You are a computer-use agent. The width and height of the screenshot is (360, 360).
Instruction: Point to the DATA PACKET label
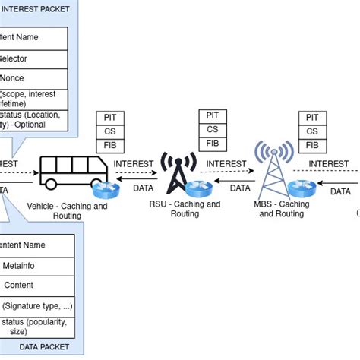coord(43,346)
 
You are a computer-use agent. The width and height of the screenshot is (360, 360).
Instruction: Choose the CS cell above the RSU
coord(212,129)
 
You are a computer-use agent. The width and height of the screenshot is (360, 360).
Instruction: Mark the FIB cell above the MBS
coord(311,144)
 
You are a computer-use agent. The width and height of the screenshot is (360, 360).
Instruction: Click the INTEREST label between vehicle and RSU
coord(133,163)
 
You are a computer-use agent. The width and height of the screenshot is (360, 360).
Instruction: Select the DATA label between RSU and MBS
coord(240,188)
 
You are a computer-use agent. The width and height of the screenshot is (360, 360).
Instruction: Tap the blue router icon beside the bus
coord(102,189)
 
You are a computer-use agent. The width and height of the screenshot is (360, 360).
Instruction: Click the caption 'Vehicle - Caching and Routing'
coord(67,210)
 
